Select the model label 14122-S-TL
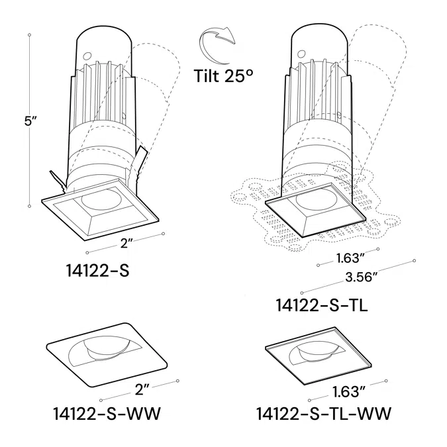click(321, 305)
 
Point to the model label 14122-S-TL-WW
click(323, 414)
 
